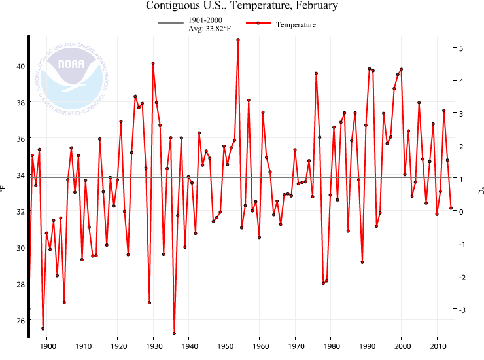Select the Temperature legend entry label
(296, 25)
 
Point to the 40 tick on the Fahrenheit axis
(21, 66)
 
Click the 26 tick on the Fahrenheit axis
(21, 320)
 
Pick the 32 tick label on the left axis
(21, 211)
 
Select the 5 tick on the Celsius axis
(462, 48)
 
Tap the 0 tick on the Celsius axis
(462, 211)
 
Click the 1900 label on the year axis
(47, 346)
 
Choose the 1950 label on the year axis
(224, 346)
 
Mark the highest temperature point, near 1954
(238, 39)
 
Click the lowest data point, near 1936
(174, 334)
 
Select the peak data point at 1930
(153, 63)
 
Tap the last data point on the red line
(451, 208)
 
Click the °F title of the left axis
(5, 189)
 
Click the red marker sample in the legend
(258, 23)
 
